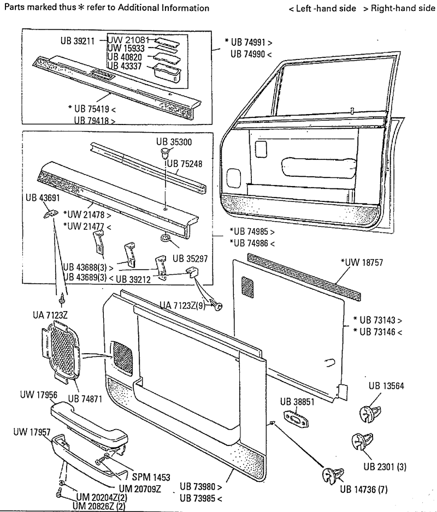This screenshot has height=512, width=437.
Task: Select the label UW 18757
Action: [x=365, y=263]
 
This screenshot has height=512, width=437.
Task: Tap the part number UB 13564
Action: [x=386, y=386]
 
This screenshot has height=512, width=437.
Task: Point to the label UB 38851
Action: [x=298, y=402]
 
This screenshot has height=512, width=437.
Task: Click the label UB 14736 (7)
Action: [x=363, y=489]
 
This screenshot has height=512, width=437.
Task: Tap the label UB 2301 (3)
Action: [x=385, y=467]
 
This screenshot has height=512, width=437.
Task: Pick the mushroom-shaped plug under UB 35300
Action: [x=164, y=151]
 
